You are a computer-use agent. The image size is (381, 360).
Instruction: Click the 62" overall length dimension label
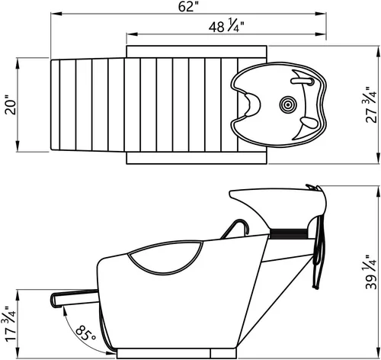coord(188,7)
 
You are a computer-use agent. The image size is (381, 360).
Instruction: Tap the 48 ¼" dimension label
coord(226,25)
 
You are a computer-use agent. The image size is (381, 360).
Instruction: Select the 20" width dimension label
coord(11,105)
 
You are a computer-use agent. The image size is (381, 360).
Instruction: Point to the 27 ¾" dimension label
coord(371,105)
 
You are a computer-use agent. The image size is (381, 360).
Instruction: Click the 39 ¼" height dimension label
coord(371,272)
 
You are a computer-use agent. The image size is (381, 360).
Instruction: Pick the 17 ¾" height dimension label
coord(10,324)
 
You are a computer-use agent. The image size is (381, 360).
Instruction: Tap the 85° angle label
coord(86,333)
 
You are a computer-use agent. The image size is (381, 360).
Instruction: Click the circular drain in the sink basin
coord(288,104)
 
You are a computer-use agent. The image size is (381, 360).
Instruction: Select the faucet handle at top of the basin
coord(303,81)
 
